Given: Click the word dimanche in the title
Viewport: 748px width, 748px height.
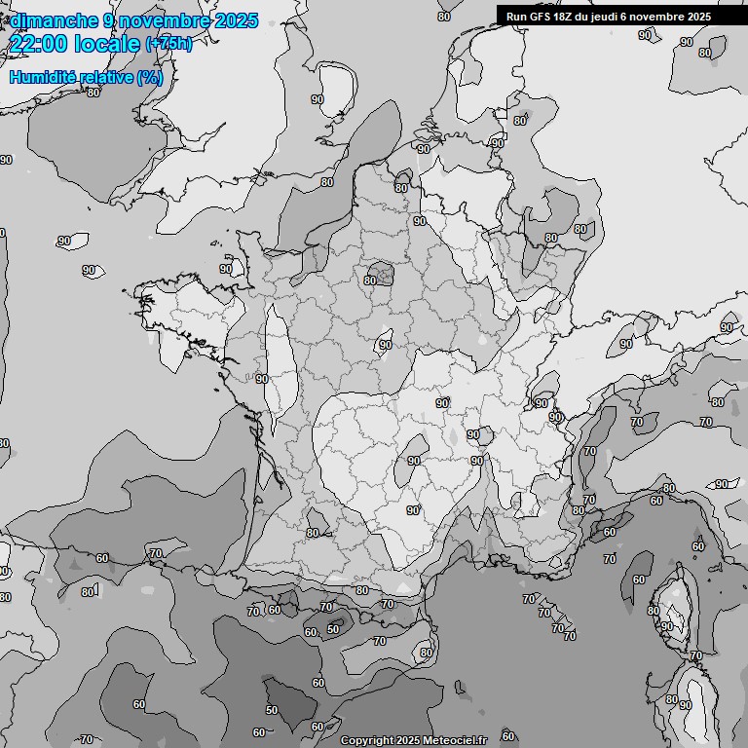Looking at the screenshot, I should pos(54,20).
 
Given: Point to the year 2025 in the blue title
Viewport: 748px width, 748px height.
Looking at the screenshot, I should pos(237,20).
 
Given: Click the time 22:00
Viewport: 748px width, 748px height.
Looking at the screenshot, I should pos(38,44).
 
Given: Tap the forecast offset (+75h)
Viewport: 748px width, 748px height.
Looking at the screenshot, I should pos(168,45).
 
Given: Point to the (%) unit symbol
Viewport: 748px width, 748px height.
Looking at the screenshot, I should pos(150,77).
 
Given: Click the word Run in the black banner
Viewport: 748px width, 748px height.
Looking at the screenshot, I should pos(516,17).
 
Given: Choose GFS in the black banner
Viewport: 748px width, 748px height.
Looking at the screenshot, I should pos(542,17).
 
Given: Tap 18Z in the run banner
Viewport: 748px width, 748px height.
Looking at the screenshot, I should pos(569,17).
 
